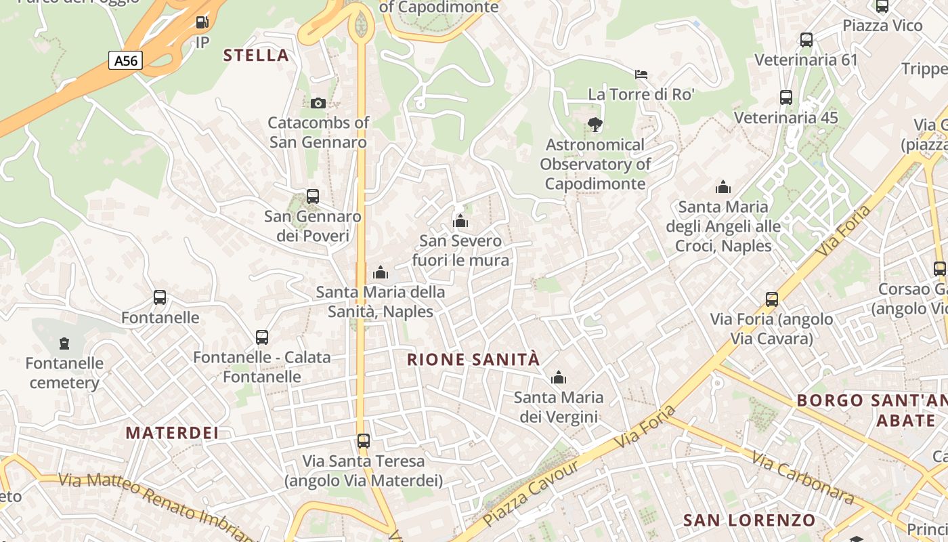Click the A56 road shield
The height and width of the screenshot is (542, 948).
pos(125,61)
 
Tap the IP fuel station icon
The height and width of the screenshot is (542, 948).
pos(202,22)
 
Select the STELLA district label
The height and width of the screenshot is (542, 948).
pos(257,56)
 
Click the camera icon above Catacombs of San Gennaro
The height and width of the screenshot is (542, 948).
pos(318,103)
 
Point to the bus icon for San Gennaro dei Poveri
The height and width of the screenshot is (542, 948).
pos(312,196)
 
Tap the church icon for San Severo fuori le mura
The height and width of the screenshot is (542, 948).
pos(460,221)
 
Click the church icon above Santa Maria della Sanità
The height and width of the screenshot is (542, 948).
pos(381,272)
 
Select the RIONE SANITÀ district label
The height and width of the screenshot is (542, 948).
pos(473,360)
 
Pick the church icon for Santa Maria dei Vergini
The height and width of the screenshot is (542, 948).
pos(559,377)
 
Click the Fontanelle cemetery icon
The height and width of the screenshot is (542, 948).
pos(64,343)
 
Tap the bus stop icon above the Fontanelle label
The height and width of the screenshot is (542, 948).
pos(160,297)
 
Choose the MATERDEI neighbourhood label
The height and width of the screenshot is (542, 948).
pos(172,433)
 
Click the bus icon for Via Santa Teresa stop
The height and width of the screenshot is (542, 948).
pos(364,441)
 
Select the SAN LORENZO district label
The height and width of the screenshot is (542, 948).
pos(750,520)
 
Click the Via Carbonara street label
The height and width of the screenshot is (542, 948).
pos(802,478)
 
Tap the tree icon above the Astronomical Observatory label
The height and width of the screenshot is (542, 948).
pos(595,124)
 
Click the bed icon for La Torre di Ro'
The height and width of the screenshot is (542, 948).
pos(641,74)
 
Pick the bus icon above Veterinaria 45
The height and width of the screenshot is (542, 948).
pos(786,98)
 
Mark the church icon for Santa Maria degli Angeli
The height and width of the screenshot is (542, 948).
pos(723,187)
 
